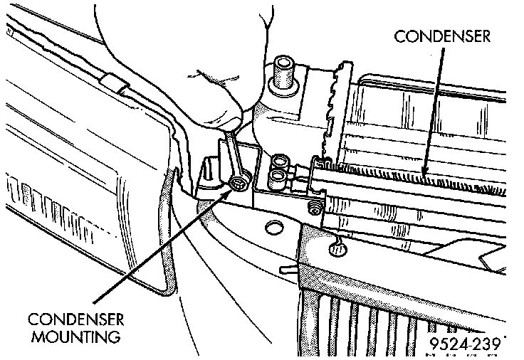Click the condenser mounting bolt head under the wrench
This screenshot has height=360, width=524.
(239, 185)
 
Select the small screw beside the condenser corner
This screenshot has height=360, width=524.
(313, 208)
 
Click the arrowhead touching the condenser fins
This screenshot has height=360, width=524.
(424, 170)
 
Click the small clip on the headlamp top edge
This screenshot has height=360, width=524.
(110, 80)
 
